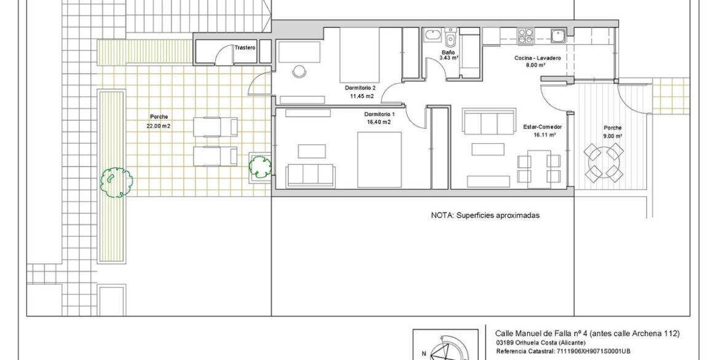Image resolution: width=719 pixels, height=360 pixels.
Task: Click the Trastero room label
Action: [245, 48]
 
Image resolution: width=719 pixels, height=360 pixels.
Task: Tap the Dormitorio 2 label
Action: [360, 88]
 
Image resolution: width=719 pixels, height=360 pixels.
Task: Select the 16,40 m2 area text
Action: [379, 122]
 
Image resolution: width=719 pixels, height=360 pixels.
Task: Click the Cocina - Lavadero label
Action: [538, 58]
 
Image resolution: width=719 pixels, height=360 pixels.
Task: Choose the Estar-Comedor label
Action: [543, 127]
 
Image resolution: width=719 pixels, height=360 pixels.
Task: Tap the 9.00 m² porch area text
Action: [613, 136]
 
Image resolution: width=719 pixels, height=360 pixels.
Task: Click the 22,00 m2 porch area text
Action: [159, 125]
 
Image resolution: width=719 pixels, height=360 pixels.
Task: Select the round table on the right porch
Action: [603, 162]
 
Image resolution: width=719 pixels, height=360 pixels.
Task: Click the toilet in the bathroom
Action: [450, 38]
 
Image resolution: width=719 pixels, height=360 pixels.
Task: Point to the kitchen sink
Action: [558, 36]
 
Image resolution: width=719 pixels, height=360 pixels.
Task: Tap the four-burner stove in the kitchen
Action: [525, 36]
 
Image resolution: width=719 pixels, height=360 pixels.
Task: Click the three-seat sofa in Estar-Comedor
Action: [489, 122]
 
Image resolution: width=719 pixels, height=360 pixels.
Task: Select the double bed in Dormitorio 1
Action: [379, 160]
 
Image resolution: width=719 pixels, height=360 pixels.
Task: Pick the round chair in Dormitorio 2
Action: [299, 71]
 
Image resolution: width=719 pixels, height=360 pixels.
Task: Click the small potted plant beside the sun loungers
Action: [260, 167]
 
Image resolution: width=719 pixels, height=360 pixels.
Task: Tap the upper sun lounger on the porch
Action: [216, 127]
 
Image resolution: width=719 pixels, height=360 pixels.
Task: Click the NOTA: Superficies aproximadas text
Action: [485, 215]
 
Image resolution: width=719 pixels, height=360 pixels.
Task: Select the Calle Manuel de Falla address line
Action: [587, 334]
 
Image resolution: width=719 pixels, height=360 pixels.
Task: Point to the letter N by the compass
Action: [423, 354]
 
